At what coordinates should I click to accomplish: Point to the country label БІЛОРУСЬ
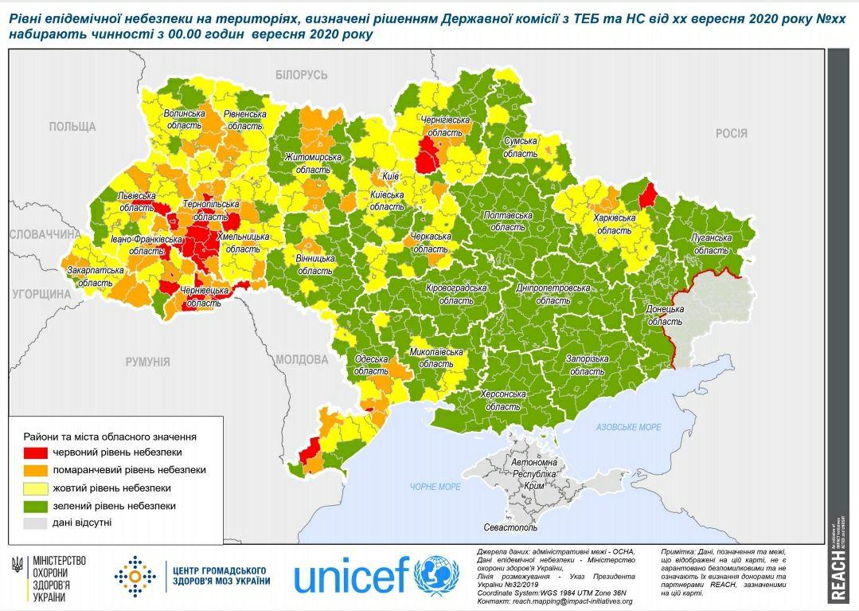pyautogui.click(x=302, y=74)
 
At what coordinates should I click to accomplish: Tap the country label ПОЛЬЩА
pyautogui.click(x=72, y=127)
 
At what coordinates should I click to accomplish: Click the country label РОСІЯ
pyautogui.click(x=731, y=133)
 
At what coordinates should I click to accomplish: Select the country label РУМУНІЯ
pyautogui.click(x=147, y=362)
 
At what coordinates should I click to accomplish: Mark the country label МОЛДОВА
pyautogui.click(x=302, y=359)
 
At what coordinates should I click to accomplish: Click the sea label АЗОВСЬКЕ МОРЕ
pyautogui.click(x=629, y=428)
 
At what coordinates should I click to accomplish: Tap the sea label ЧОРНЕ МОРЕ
pyautogui.click(x=435, y=487)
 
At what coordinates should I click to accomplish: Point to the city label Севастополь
pyautogui.click(x=510, y=527)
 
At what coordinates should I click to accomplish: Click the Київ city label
pyautogui.click(x=390, y=175)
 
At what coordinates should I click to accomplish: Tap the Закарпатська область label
pyautogui.click(x=95, y=276)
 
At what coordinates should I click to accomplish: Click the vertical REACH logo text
pyautogui.click(x=838, y=573)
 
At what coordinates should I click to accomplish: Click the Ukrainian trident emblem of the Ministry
pyautogui.click(x=17, y=564)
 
